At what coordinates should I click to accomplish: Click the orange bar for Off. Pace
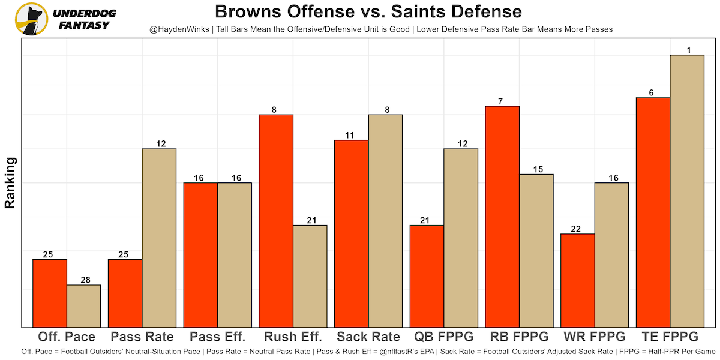[x=50, y=293]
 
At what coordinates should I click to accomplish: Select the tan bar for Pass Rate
[x=159, y=238]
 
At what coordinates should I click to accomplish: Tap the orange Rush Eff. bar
[x=276, y=220]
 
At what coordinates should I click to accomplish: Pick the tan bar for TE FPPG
[x=687, y=191]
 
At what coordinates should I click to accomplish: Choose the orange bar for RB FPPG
[x=502, y=216]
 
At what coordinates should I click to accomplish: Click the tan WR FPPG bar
[x=611, y=254]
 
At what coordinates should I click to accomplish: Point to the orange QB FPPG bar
[x=427, y=276]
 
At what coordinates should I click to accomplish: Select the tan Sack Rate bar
[x=385, y=220]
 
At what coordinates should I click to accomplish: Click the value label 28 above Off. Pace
[x=83, y=280]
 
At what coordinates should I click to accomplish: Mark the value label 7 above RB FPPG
[x=502, y=101]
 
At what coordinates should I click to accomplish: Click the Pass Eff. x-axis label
[x=217, y=337]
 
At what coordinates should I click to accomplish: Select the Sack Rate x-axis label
[x=368, y=337]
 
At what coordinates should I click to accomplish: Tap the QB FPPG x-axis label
[x=443, y=337]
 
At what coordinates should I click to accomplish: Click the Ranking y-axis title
[x=10, y=182]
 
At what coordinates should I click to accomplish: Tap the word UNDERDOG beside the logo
[x=85, y=13]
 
